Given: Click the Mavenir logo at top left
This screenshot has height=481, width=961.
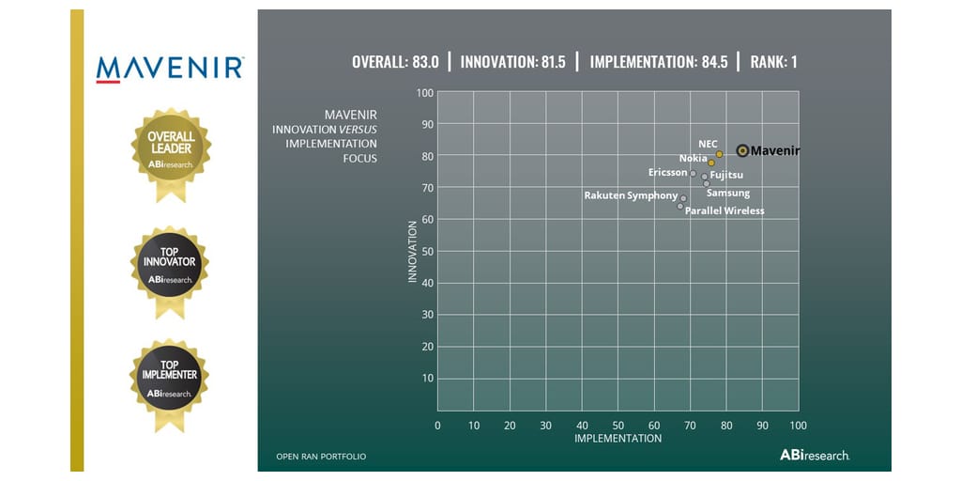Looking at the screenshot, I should tap(170, 69).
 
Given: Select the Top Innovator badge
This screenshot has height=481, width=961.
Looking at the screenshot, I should tap(170, 265).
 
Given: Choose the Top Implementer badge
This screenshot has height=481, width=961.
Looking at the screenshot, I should tap(170, 379).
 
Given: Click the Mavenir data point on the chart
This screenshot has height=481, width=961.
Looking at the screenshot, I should tap(742, 150).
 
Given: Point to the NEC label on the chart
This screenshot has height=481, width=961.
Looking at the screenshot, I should tap(708, 144).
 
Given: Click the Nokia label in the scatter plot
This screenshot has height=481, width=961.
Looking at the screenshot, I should tap(693, 159).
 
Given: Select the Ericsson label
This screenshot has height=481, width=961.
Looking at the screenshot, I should tap(667, 173).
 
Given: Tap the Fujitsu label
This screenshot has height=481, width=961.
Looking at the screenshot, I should tap(726, 176).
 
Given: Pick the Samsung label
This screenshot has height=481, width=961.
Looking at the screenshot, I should tap(728, 194).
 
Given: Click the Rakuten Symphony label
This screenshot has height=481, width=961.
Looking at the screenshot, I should tap(631, 195).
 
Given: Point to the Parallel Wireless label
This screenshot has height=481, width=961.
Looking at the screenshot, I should tap(725, 211).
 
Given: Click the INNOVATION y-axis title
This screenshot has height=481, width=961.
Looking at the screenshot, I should tap(412, 252).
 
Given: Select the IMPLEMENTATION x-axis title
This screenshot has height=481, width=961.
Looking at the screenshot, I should tap(618, 439).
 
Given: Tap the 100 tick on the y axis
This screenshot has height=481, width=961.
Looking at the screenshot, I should tap(424, 92).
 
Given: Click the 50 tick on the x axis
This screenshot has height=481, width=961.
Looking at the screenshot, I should tap(618, 426).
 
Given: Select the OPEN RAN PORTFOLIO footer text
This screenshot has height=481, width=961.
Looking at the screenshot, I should tap(321, 457).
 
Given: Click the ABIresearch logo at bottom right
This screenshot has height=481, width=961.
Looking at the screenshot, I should tap(815, 455).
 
